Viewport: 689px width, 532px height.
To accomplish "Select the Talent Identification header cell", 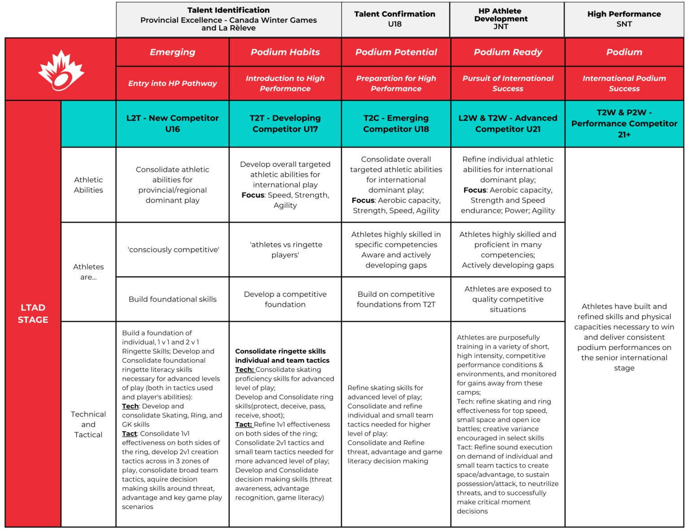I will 228,19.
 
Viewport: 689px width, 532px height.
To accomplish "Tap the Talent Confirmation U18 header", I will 395,19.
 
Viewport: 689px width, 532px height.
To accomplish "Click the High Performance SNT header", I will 624,19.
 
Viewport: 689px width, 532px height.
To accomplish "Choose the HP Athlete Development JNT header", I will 501,19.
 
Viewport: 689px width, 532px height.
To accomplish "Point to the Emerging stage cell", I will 172,52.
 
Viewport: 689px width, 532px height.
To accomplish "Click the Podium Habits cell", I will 285,52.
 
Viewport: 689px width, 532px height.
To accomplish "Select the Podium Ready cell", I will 508,52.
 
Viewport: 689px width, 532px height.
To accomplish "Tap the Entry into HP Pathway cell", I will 172,83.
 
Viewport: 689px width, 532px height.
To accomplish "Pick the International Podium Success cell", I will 624,83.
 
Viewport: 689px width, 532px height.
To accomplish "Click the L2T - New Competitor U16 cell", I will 172,123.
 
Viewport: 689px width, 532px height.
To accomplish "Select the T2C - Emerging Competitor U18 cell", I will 396,123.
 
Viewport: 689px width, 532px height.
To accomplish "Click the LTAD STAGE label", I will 33,313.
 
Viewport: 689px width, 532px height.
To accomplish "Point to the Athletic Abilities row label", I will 88,185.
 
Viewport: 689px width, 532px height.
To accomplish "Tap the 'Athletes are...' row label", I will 88,272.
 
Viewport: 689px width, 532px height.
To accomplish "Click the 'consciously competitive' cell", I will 173,250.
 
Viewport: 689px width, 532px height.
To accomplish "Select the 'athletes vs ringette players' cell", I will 286,250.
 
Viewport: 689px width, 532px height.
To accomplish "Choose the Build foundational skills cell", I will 172,299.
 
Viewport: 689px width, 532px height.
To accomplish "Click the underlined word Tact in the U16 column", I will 129,433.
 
